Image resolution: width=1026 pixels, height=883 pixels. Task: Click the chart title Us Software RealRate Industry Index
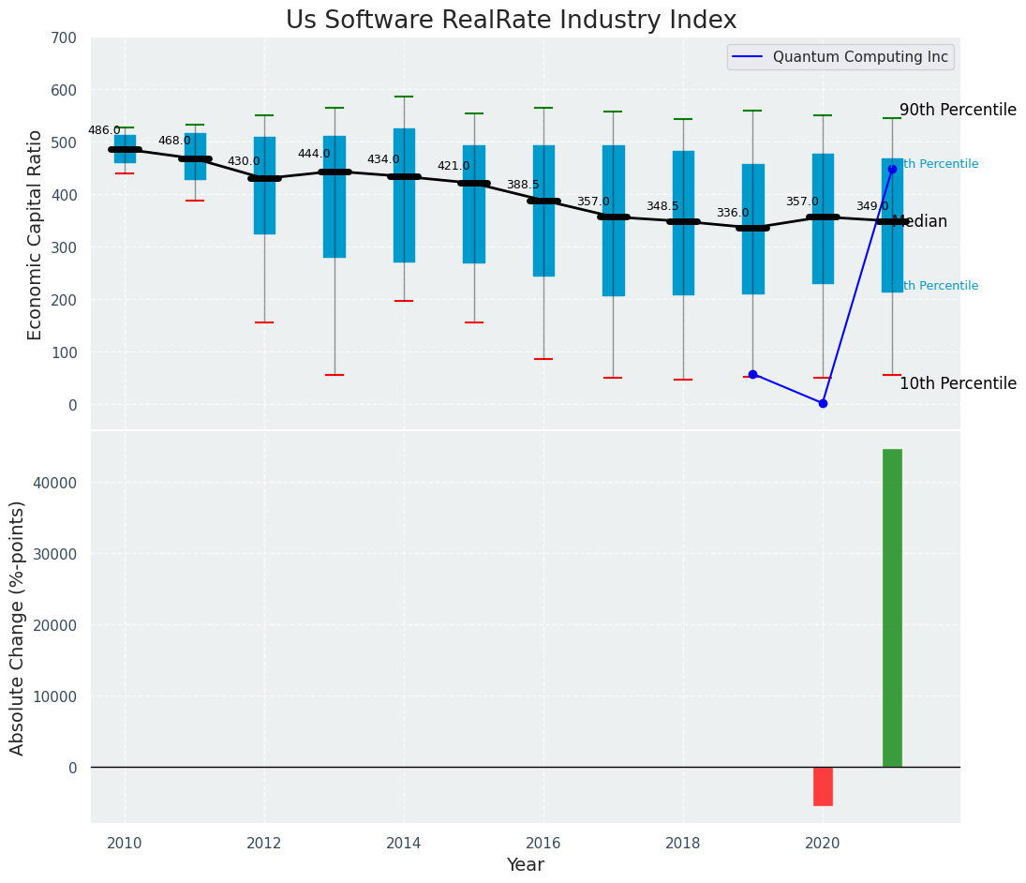click(x=511, y=21)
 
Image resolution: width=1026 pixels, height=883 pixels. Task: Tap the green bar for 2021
click(x=892, y=607)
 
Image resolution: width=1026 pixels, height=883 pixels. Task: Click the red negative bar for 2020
click(x=823, y=786)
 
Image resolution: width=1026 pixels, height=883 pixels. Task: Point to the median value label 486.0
click(x=104, y=130)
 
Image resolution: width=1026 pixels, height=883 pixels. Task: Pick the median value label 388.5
click(x=523, y=185)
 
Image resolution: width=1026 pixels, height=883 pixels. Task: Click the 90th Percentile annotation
click(x=958, y=110)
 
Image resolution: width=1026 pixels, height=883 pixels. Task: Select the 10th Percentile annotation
click(x=958, y=383)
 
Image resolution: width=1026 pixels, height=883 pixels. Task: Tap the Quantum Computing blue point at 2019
click(x=752, y=374)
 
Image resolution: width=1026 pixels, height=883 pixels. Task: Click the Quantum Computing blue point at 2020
click(x=823, y=403)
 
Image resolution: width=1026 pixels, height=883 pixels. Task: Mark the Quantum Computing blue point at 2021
click(x=892, y=169)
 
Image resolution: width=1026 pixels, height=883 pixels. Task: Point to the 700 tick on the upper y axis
click(x=65, y=37)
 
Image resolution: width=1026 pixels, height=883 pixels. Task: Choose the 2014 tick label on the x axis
click(x=404, y=843)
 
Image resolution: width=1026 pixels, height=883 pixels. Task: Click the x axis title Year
click(x=525, y=865)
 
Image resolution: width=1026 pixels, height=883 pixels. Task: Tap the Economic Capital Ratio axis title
click(x=36, y=234)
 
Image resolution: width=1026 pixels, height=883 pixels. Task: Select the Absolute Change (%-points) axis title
click(x=18, y=627)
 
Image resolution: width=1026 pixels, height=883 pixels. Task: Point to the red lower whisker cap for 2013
click(x=335, y=375)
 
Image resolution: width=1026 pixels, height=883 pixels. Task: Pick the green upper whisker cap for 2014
click(x=404, y=97)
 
